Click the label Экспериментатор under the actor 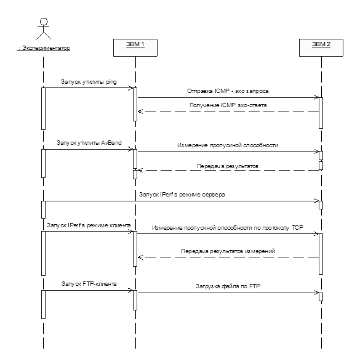(x=43, y=48)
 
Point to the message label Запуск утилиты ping (x=89, y=82)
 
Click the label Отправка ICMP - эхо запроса (x=228, y=91)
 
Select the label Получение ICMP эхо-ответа (x=228, y=105)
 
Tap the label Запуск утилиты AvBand (x=89, y=143)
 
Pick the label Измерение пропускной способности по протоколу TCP (x=228, y=228)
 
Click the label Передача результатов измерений (x=228, y=251)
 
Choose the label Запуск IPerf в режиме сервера (x=182, y=195)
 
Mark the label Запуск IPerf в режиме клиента (x=89, y=225)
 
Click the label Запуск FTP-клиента (x=89, y=284)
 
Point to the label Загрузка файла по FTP (x=228, y=286)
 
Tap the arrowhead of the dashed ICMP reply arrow (x=140, y=111)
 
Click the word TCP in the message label (x=298, y=228)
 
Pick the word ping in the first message (x=111, y=82)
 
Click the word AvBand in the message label (x=111, y=143)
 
